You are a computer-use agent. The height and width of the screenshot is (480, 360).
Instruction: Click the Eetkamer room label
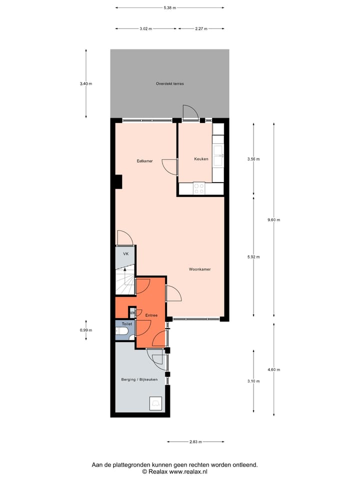pyautogui.click(x=144, y=161)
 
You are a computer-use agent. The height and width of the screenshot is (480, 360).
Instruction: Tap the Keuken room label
pyautogui.click(x=201, y=159)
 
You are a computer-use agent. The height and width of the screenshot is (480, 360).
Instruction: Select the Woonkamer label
pyautogui.click(x=199, y=269)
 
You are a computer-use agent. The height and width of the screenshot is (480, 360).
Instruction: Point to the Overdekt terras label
pyautogui.click(x=169, y=83)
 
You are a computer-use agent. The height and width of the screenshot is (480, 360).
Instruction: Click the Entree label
pyautogui.click(x=151, y=315)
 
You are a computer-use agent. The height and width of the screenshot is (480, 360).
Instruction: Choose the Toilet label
pyautogui.click(x=121, y=324)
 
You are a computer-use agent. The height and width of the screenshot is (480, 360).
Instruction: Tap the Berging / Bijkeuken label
pyautogui.click(x=139, y=380)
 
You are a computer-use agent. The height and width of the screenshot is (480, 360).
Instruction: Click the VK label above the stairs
pyautogui.click(x=126, y=254)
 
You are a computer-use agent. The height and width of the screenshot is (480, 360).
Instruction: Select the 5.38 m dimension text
pyautogui.click(x=169, y=7)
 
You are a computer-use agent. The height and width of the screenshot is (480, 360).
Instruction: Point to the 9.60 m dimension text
pyautogui.click(x=274, y=220)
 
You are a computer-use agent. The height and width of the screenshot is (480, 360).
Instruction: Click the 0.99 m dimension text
pyautogui.click(x=86, y=330)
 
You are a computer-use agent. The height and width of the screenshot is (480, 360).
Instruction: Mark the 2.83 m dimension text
pyautogui.click(x=196, y=441)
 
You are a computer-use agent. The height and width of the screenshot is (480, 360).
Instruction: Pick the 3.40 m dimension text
pyautogui.click(x=86, y=83)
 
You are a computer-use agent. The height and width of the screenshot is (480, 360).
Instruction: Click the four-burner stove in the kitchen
pyautogui.click(x=199, y=188)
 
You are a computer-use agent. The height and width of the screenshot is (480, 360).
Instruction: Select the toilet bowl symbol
pyautogui.click(x=123, y=331)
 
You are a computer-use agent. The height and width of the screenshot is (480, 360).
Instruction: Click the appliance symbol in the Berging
pyautogui.click(x=155, y=402)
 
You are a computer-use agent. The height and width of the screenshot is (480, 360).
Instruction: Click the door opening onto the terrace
pyautogui.click(x=190, y=113)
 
